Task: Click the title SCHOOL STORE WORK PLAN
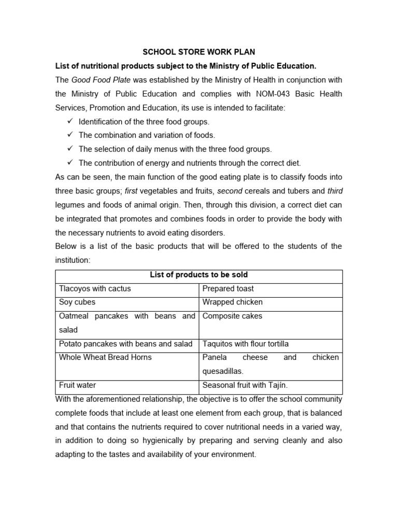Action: (x=199, y=52)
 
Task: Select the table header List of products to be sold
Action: (x=199, y=275)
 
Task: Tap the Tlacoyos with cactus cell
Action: (x=95, y=289)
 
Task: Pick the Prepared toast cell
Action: (x=228, y=289)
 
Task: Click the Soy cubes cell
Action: (x=77, y=302)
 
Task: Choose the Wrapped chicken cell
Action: (x=232, y=302)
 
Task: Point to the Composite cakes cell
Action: (x=232, y=316)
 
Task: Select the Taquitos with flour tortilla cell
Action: (x=246, y=344)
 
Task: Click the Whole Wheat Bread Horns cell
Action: (x=105, y=357)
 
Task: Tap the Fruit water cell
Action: (x=77, y=385)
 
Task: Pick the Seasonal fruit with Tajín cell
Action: (x=245, y=385)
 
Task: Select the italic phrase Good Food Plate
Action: (x=101, y=80)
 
